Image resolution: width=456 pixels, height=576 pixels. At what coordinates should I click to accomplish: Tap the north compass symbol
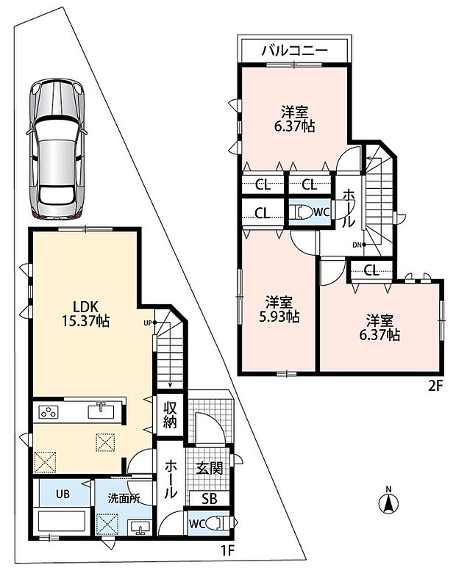(388, 500)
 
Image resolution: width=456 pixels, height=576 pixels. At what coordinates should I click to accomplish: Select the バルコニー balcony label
(294, 50)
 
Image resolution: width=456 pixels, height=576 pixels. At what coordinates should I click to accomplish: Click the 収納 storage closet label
(170, 414)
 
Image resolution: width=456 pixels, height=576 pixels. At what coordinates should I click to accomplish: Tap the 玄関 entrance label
(209, 468)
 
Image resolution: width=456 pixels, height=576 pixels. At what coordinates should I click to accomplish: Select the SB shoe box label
(210, 498)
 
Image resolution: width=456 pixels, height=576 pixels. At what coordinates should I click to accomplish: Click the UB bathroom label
(63, 494)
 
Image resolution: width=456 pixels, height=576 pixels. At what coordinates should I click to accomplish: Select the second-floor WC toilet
(301, 213)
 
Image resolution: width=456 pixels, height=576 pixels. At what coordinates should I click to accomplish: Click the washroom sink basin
(140, 528)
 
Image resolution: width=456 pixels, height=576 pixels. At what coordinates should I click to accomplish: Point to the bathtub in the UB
(62, 520)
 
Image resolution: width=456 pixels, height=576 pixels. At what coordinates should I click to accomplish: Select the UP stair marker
(150, 323)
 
